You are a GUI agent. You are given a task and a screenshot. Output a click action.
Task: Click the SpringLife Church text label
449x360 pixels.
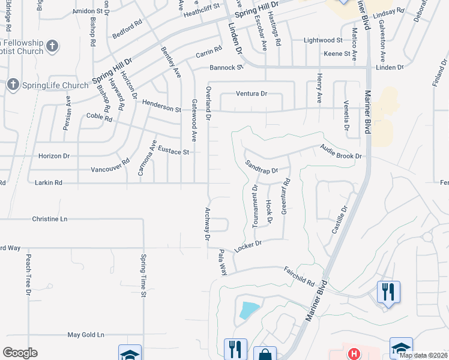[55, 85]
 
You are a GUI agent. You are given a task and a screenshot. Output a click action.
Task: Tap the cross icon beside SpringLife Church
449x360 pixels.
[13, 85]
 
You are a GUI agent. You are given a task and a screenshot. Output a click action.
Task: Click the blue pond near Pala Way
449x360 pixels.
[249, 310]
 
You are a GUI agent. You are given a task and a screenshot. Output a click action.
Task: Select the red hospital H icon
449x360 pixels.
[354, 354]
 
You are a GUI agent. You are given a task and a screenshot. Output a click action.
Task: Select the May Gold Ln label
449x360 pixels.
[85, 334]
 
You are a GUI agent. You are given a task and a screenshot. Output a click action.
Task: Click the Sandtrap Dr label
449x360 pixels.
[262, 167]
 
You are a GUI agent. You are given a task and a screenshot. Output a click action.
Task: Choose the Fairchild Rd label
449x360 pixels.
[300, 277]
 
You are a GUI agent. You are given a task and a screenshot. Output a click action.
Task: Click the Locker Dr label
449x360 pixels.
[249, 246]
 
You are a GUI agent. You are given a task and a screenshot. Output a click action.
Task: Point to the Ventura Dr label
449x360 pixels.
[251, 94]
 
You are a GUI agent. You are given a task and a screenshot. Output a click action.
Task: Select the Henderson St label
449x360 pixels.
[161, 106]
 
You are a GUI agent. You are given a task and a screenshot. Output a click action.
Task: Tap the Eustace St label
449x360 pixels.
[173, 152]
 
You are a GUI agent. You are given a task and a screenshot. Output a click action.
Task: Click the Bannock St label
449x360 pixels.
[226, 67]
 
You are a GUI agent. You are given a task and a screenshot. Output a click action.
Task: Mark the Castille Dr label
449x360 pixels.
[340, 220]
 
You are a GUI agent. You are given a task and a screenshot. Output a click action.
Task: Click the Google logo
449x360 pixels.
[20, 352]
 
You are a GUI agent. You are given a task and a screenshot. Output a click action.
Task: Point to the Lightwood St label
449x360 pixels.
[322, 40]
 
